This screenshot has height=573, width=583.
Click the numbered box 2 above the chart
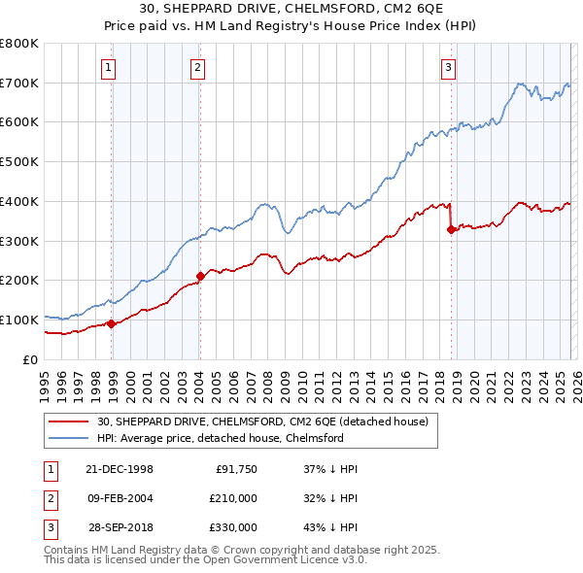point(197,67)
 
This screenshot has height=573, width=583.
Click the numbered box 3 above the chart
point(448,67)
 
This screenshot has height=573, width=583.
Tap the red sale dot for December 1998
point(112,323)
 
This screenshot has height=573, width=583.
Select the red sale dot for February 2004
point(200,276)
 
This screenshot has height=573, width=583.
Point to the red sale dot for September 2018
point(451,229)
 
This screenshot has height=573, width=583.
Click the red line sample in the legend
point(69,421)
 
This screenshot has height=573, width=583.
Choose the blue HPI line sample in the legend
point(69,438)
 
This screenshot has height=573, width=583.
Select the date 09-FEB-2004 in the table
point(120,498)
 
